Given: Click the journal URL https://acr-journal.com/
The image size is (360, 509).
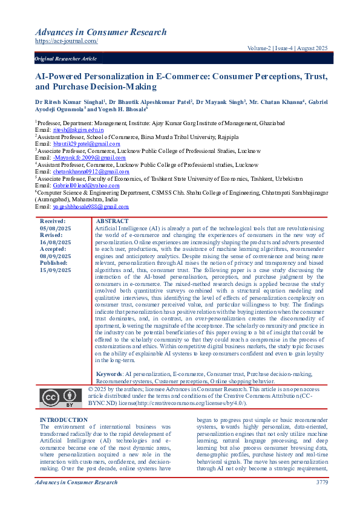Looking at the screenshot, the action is click(x=66, y=41).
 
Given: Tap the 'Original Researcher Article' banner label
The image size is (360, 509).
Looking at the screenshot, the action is click(x=66, y=59).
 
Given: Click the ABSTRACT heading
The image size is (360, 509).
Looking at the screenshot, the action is click(x=112, y=222).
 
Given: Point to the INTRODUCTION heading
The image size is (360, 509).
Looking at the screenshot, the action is click(x=64, y=420).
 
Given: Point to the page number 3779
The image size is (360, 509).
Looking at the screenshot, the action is click(x=322, y=482).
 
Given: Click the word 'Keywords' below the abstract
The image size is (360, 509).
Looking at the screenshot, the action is click(x=110, y=375).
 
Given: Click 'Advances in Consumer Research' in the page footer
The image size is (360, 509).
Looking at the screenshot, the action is click(x=76, y=482).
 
